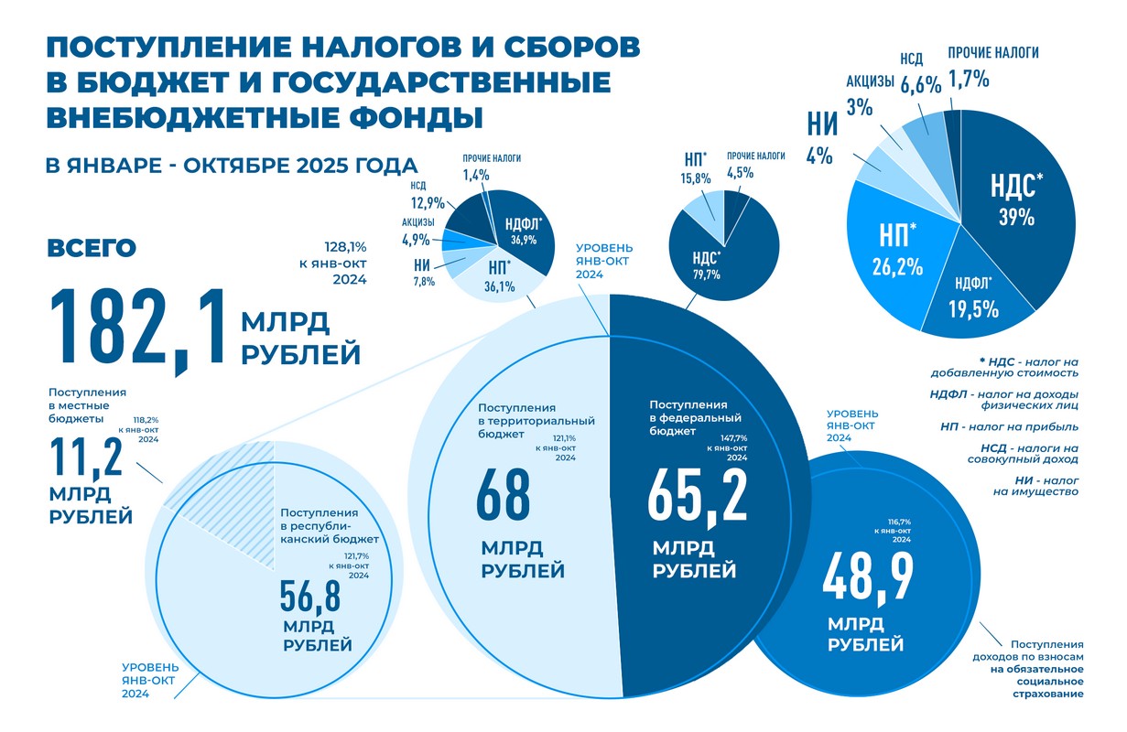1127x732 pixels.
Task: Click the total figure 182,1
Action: (137, 328)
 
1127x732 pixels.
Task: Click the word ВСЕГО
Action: (91, 249)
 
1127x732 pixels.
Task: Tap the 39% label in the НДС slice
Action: (1016, 218)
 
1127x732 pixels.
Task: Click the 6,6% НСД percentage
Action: (921, 85)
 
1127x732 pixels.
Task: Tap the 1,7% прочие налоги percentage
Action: (969, 79)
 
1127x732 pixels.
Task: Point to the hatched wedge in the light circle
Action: (197, 480)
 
